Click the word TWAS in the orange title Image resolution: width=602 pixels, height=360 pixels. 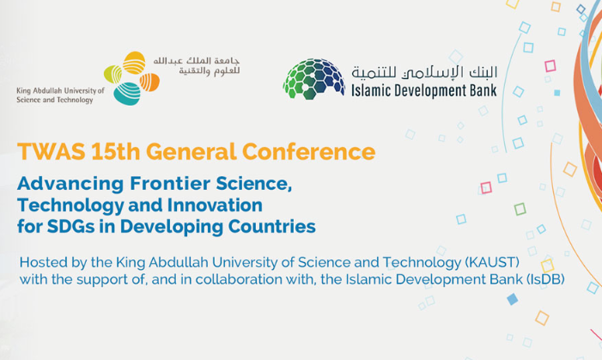pyautogui.click(x=51, y=151)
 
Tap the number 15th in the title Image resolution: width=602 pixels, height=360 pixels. pyautogui.click(x=116, y=151)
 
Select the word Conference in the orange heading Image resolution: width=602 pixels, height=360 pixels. pyautogui.click(x=308, y=151)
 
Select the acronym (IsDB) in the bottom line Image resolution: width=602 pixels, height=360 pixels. pyautogui.click(x=545, y=279)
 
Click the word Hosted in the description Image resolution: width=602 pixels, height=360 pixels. pyautogui.click(x=44, y=262)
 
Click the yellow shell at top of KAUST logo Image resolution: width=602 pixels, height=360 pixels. pyautogui.click(x=134, y=62)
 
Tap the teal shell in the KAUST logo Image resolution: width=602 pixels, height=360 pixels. pyautogui.click(x=127, y=95)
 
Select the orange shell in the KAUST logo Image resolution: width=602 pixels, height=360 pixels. pyautogui.click(x=149, y=82)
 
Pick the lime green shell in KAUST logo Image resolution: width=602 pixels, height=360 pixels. pyautogui.click(x=112, y=74)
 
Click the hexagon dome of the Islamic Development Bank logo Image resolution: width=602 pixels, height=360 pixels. pyautogui.click(x=314, y=79)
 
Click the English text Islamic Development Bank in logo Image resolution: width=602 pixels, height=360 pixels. pyautogui.click(x=424, y=91)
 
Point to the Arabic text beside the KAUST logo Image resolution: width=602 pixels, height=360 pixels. pyautogui.click(x=197, y=66)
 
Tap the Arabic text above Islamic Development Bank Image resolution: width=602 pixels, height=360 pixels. pyautogui.click(x=424, y=72)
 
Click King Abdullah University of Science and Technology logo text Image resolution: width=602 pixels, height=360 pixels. pyautogui.click(x=60, y=95)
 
